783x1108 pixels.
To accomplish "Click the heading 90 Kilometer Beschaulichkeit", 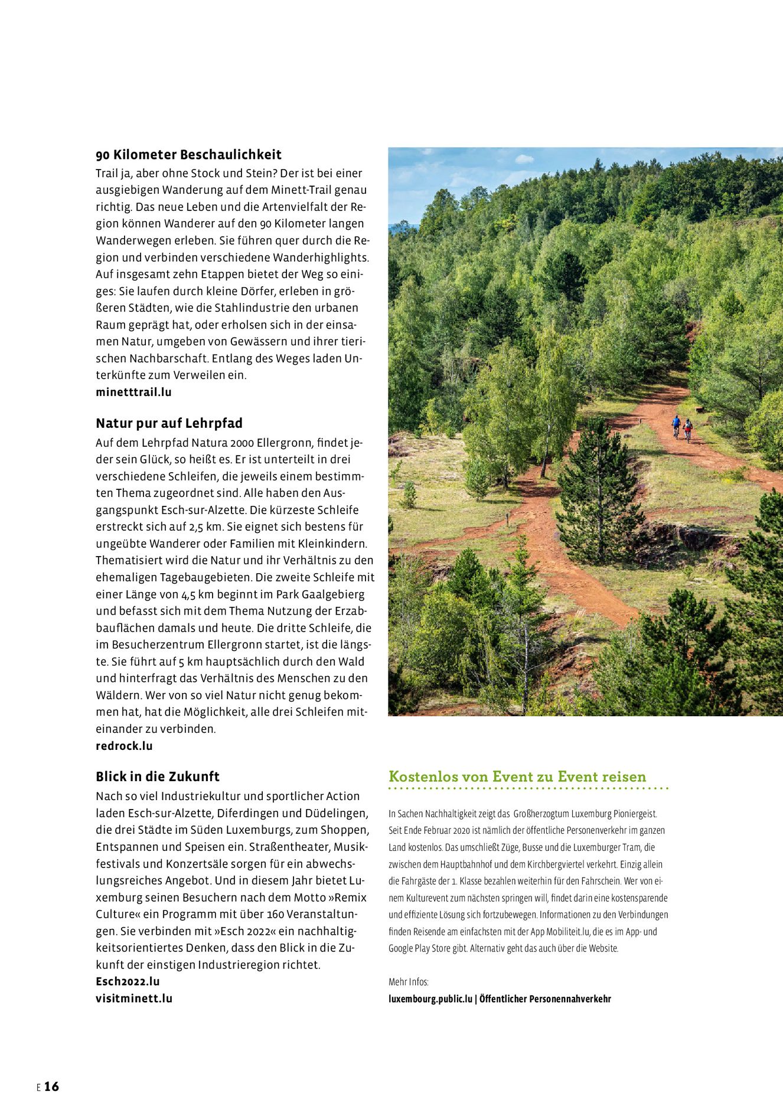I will coord(188,155).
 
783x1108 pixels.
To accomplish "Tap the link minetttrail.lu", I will coord(133,392).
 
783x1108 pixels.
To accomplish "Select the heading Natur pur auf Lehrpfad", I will coord(169,423).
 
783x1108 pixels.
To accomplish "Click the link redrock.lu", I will coord(124,746).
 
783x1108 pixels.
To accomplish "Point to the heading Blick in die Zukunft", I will coord(157,776).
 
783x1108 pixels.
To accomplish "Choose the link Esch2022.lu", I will coord(128,982).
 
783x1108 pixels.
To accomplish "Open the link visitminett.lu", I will coord(134,998).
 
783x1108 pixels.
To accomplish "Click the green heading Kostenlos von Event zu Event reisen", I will coord(517,776).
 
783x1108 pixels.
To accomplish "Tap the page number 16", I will coord(51,1086).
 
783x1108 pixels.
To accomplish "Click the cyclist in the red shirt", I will coord(687,429).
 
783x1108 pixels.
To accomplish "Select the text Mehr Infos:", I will coord(408,982).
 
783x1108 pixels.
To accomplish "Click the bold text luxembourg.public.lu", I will coord(430,999).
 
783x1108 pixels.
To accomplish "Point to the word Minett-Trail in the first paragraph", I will coord(301,190).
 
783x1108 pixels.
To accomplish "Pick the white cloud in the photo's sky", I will coord(524,159).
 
